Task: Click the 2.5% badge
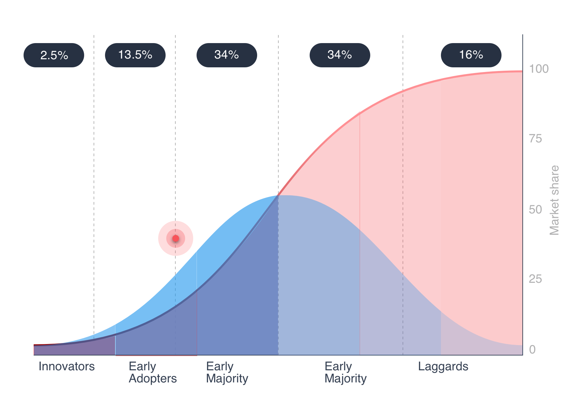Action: click(x=54, y=55)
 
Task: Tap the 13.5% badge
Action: click(x=135, y=55)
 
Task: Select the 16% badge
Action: click(x=471, y=55)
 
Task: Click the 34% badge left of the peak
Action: click(x=227, y=55)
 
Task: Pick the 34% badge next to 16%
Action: click(x=340, y=55)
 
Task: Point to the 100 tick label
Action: click(x=539, y=69)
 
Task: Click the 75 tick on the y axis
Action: click(x=535, y=139)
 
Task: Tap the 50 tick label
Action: click(x=535, y=210)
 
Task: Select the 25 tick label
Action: click(x=535, y=279)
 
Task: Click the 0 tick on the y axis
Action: click(x=532, y=350)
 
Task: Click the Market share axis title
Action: click(x=554, y=200)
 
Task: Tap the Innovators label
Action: click(x=67, y=366)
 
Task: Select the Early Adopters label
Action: click(x=152, y=372)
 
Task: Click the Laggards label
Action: click(x=443, y=366)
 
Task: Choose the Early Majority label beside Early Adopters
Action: click(x=227, y=372)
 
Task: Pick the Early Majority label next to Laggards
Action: click(x=345, y=372)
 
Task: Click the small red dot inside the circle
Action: click(x=176, y=238)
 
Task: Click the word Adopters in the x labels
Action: click(x=152, y=379)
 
